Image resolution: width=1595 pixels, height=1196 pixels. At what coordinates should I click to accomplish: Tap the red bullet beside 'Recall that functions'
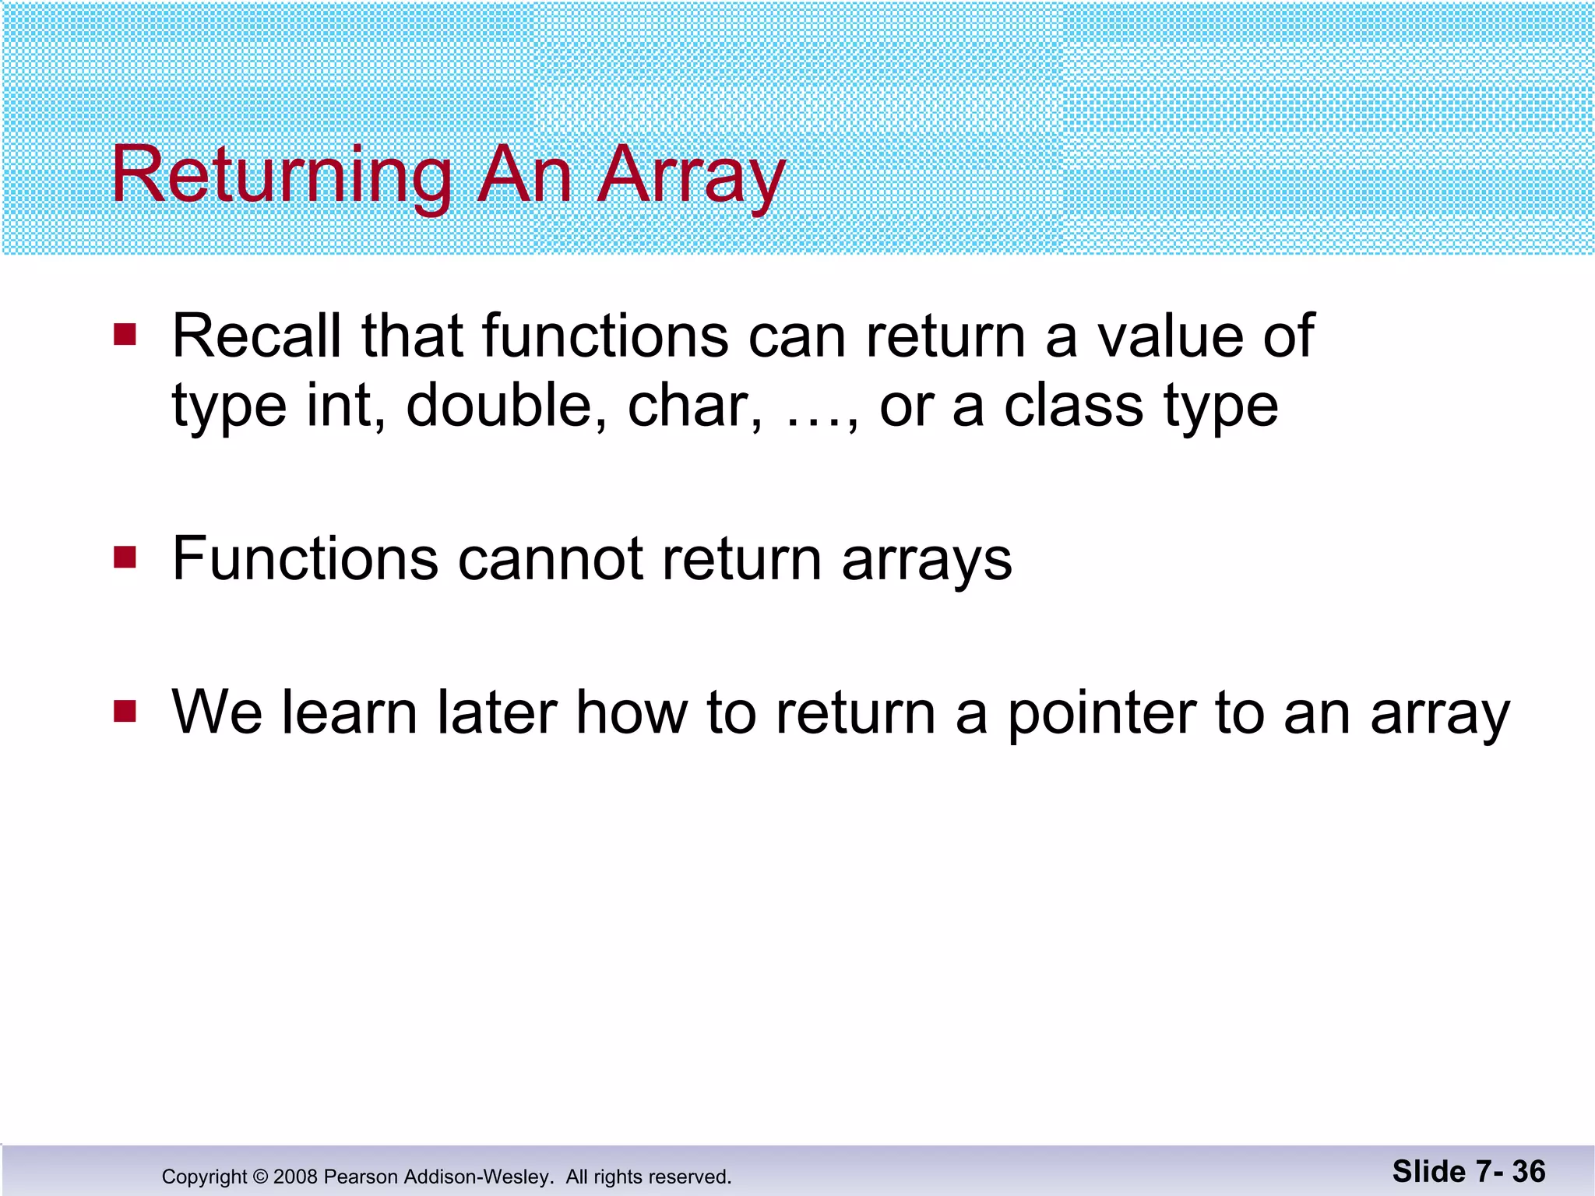(125, 335)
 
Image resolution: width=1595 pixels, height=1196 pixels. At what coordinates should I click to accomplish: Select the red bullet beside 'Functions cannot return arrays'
(125, 558)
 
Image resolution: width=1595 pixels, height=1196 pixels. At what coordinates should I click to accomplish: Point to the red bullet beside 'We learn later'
(125, 711)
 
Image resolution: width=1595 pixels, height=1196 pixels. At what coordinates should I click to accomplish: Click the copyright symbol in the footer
(260, 1177)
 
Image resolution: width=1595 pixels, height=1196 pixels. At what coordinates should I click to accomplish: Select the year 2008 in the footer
(295, 1177)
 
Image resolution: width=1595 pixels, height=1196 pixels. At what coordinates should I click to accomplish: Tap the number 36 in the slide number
(1529, 1172)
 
